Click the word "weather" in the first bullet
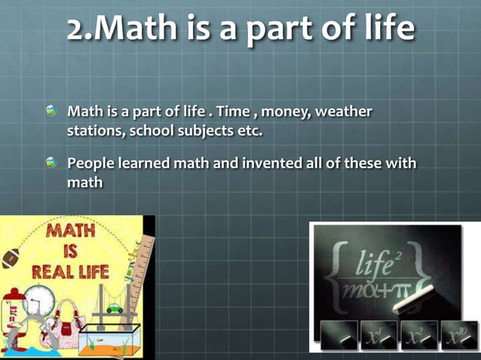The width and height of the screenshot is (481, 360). coord(343,112)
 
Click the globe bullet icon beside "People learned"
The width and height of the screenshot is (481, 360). coord(51,163)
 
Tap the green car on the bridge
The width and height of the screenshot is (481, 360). coord(114,308)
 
